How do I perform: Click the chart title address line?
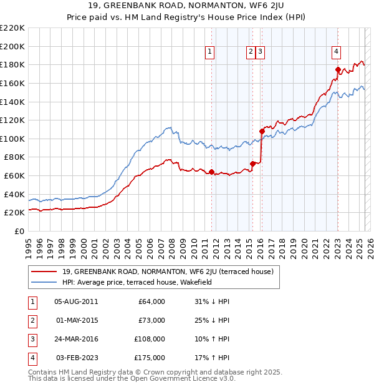187,7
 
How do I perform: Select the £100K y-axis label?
12,139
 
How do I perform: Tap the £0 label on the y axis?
19,231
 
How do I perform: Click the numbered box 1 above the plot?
210,52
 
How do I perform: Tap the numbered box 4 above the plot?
336,52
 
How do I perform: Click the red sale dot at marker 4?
338,69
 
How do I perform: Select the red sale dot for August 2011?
211,172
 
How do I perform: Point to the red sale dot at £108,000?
262,131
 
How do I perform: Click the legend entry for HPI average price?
137,282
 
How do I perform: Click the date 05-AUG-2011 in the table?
75,301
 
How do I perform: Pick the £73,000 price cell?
151,320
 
